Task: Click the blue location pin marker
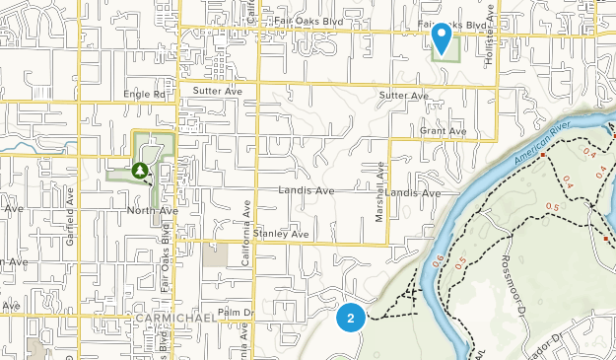(443, 37)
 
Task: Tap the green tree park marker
(141, 172)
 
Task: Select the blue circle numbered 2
(351, 318)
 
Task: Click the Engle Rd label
(146, 95)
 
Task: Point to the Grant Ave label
(443, 130)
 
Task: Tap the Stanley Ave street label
(281, 234)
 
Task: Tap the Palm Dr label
(236, 313)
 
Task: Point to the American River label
(543, 144)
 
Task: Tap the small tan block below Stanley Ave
(215, 254)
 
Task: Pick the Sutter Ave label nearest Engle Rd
(218, 90)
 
